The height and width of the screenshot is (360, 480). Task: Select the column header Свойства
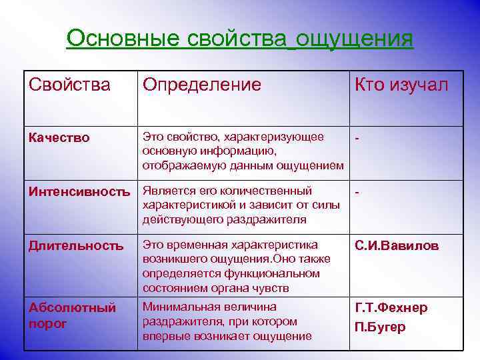(x=69, y=85)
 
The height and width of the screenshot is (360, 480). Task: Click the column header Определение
(x=202, y=85)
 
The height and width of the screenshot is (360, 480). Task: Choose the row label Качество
(x=59, y=138)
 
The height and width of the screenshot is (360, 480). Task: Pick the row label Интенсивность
(x=79, y=192)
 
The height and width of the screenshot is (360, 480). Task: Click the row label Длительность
(x=76, y=246)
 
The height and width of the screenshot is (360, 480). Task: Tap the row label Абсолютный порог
(x=72, y=315)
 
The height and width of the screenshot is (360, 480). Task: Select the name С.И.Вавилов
(x=397, y=246)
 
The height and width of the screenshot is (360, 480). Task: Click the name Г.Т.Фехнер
(x=391, y=308)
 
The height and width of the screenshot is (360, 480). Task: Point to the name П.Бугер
(x=380, y=327)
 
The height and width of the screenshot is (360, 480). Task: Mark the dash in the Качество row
(x=358, y=139)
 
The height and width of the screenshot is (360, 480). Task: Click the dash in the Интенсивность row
(x=358, y=193)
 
